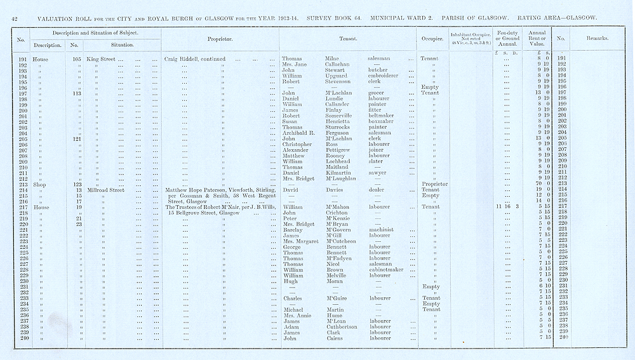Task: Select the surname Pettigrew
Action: coord(338,150)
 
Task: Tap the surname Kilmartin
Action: coord(338,173)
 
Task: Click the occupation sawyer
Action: coord(378,173)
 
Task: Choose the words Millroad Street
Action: coord(109,189)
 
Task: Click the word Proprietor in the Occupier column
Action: coord(434,184)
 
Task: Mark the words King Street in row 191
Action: coord(102,59)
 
